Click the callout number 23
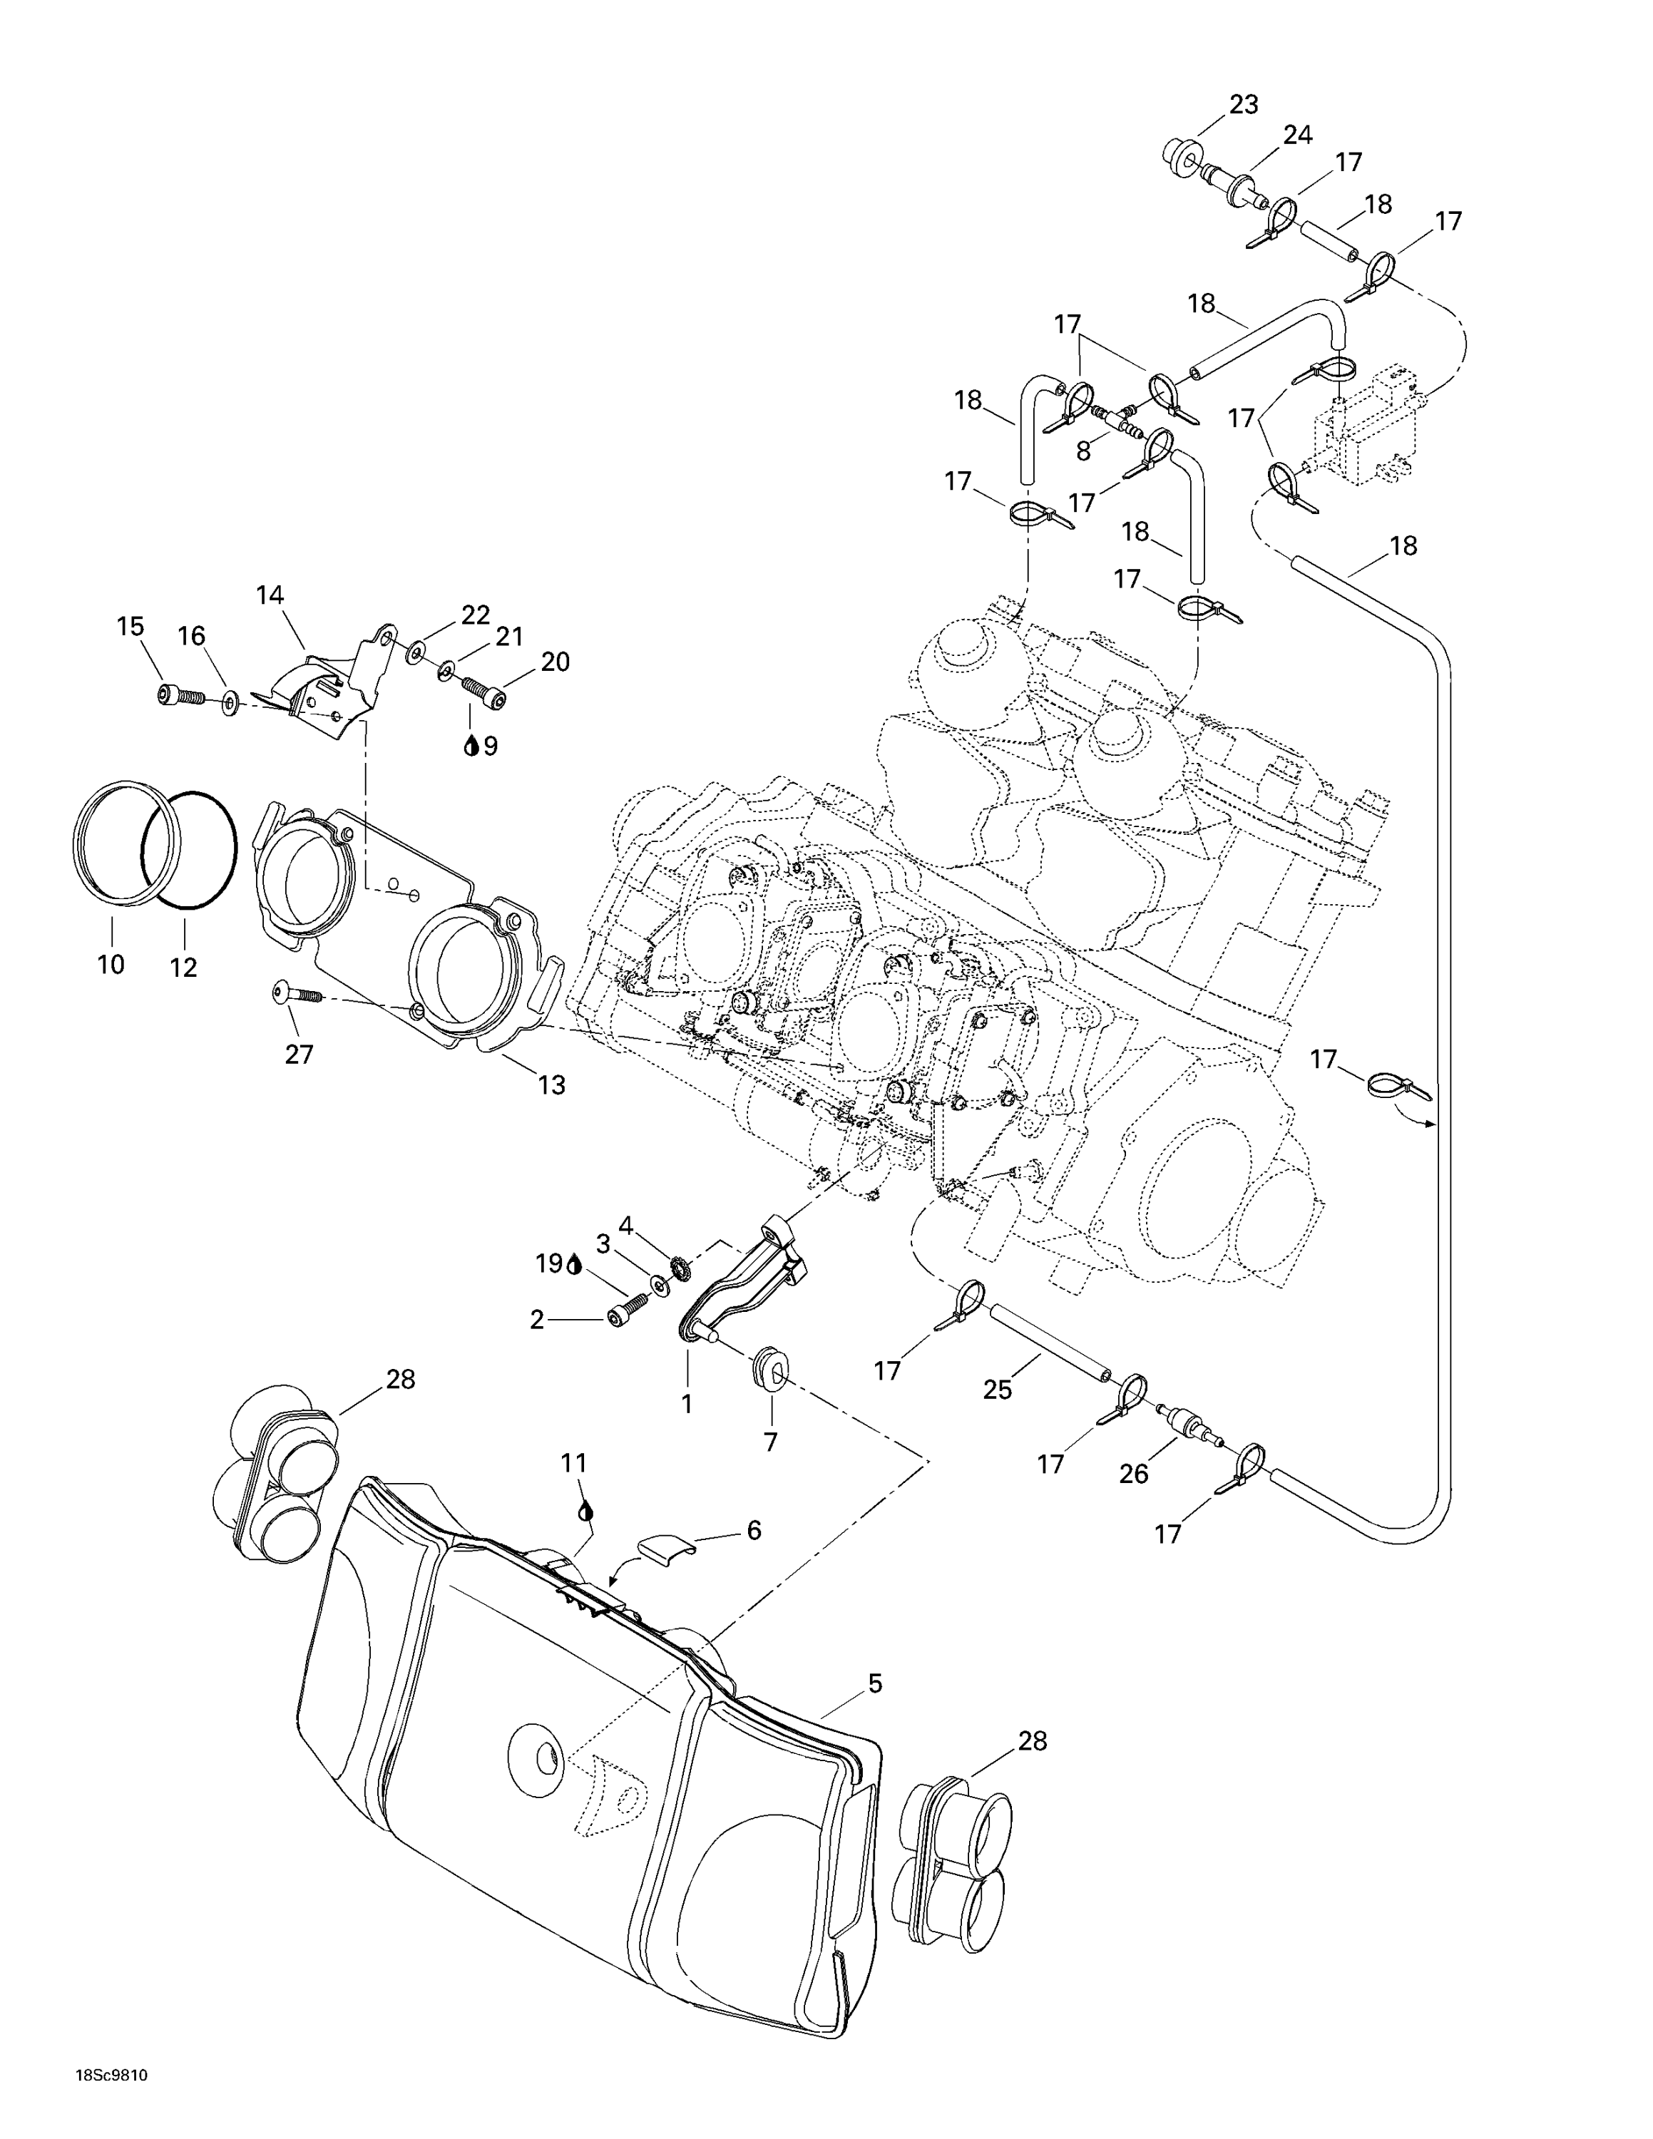tap(1243, 105)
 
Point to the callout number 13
tap(551, 1084)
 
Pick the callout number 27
tap(299, 1054)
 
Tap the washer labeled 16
tap(232, 702)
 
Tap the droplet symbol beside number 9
tap(471, 747)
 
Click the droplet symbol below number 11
tap(585, 1510)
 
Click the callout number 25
tap(997, 1389)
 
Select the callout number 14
tap(270, 595)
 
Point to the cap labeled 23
tap(1177, 157)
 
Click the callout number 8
tap(1084, 451)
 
